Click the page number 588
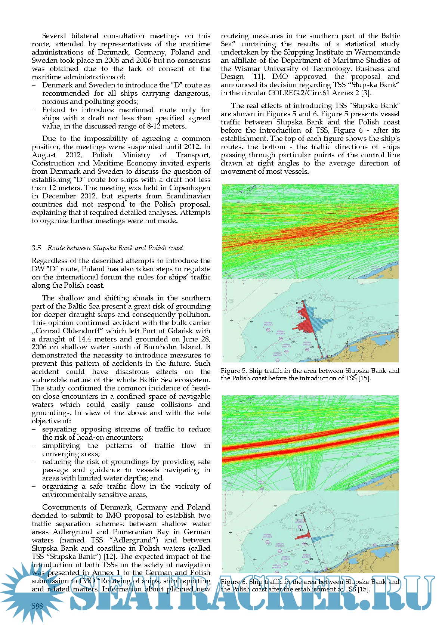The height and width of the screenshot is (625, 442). (37, 606)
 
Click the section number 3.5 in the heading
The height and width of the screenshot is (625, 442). (36, 248)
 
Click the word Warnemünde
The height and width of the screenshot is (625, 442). (377, 52)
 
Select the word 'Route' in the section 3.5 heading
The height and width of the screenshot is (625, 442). (56, 248)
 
